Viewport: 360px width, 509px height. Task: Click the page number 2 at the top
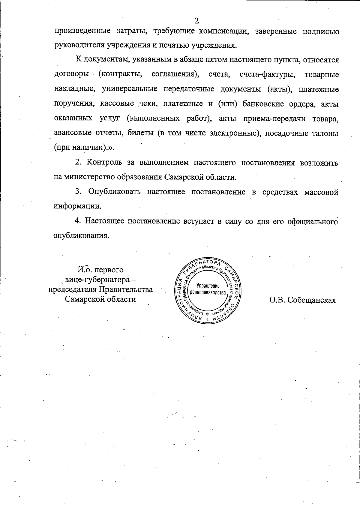[x=196, y=21]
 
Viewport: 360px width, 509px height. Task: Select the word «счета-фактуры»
[x=267, y=74]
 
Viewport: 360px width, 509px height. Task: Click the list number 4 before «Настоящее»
[x=78, y=221]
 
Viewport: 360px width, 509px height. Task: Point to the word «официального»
[x=312, y=221]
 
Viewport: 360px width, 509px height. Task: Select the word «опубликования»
[x=81, y=236]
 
